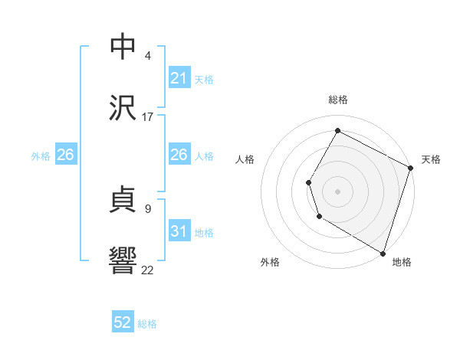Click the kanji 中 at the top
(123, 46)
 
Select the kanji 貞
(123, 199)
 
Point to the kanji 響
(123, 260)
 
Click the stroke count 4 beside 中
(147, 56)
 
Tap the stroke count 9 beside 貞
(147, 208)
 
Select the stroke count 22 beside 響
(147, 270)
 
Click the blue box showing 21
(179, 79)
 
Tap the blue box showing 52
(123, 323)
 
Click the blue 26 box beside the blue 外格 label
(65, 155)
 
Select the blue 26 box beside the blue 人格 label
(179, 155)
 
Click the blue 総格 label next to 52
(147, 324)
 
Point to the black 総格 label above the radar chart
(337, 100)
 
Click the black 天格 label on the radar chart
(431, 159)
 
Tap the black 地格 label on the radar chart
(402, 262)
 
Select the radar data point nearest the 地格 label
(383, 253)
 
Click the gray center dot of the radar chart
(337, 191)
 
